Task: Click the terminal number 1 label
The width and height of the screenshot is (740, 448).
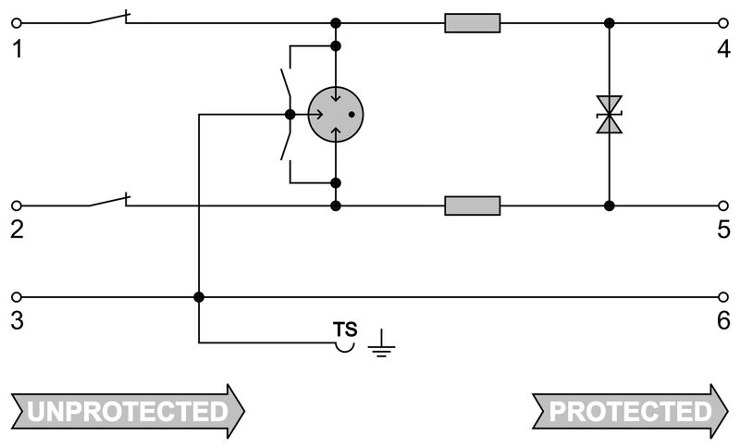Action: [17, 46]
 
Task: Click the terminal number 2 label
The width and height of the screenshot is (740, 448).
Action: [17, 229]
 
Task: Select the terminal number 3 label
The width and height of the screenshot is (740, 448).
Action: [17, 321]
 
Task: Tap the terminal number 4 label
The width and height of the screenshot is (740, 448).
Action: [722, 46]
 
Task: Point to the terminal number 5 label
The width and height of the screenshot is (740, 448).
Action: [722, 229]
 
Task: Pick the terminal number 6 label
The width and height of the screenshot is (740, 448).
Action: [722, 321]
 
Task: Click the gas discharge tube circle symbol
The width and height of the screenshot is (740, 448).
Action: [335, 115]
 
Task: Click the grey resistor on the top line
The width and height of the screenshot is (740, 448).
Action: [472, 22]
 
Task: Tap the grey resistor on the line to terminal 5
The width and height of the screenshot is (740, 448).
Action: [472, 205]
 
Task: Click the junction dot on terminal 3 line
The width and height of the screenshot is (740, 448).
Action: [199, 297]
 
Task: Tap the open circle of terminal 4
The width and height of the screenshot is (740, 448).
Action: [723, 22]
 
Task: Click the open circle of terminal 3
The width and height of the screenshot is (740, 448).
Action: [15, 297]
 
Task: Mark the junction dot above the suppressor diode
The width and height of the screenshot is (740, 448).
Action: [608, 22]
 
